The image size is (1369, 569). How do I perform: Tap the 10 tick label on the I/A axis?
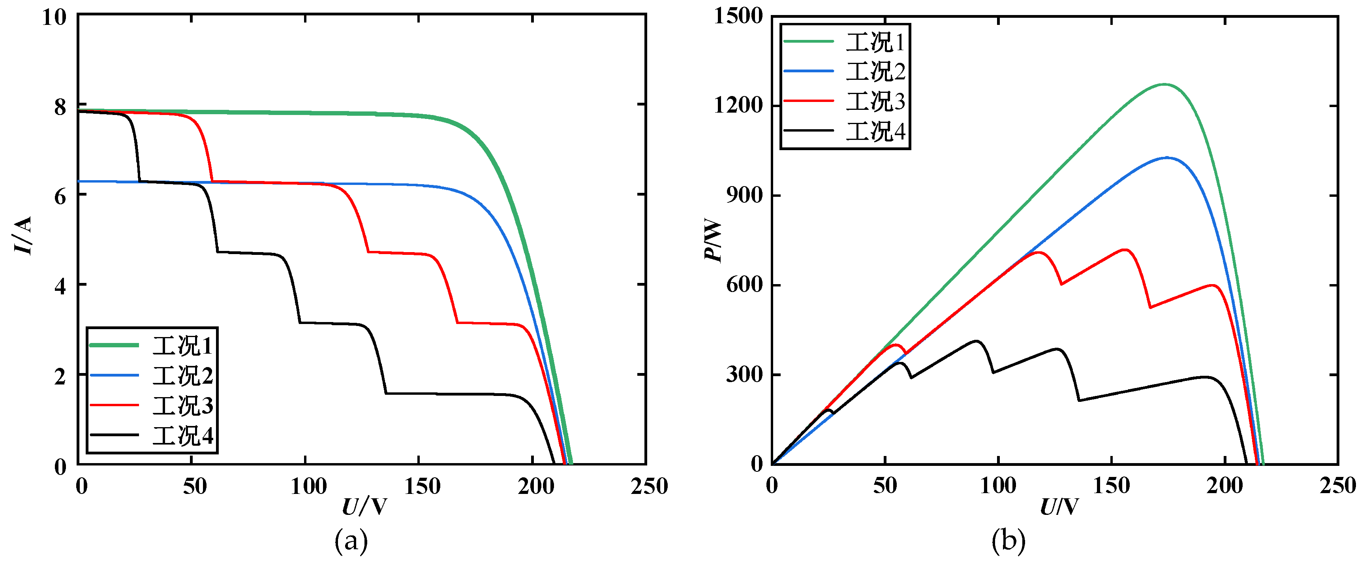54,17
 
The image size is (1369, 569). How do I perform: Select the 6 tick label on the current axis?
60,196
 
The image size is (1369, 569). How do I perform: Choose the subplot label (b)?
1008,541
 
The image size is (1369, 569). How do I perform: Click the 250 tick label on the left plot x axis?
649,486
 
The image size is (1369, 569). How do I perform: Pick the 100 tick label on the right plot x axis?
998,486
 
